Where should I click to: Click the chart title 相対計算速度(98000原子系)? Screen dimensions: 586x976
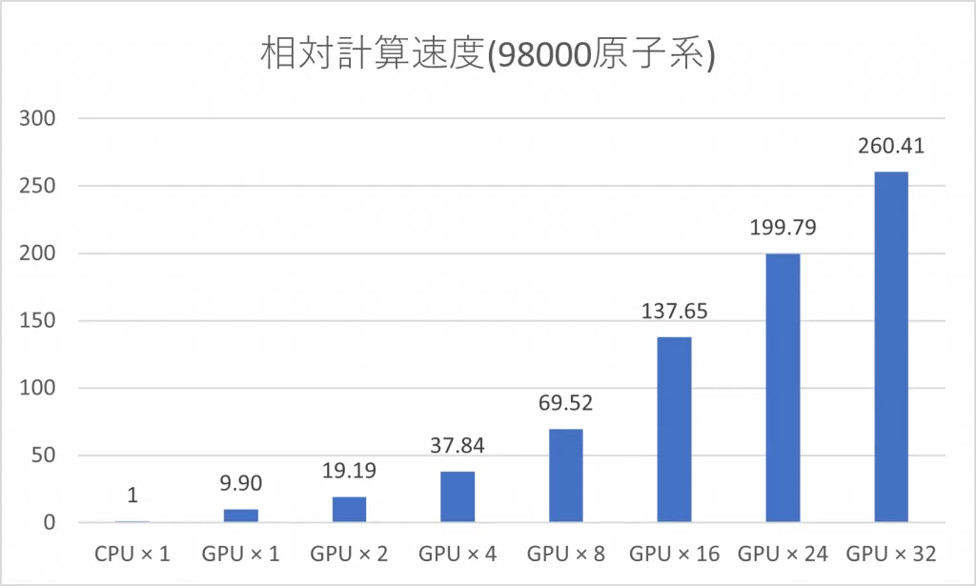coord(487,55)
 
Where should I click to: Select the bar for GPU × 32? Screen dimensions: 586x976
coord(891,347)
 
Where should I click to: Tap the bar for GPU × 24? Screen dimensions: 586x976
coord(783,388)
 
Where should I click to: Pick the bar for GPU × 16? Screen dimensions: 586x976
coord(674,430)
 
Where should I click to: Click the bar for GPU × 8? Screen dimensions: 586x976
coord(565,475)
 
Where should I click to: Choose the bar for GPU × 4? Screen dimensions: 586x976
coord(457,497)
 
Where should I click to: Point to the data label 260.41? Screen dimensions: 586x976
coord(891,147)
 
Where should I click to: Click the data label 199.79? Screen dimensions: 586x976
coord(783,229)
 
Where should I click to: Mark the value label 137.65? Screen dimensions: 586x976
coord(674,312)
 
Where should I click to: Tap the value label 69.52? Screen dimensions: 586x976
coord(565,403)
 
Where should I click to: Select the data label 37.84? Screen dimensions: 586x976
coord(457,446)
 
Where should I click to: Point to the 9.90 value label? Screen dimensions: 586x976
coord(240,484)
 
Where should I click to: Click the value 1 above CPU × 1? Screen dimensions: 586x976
coord(132,496)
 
